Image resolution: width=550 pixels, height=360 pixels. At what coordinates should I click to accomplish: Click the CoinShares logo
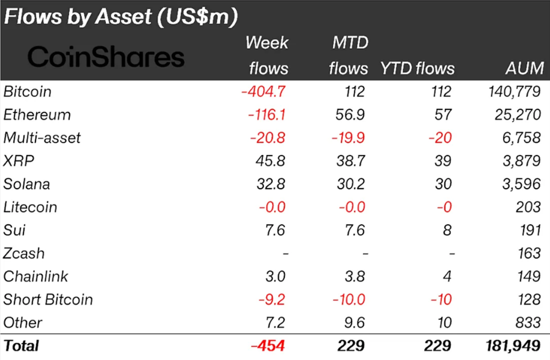pos(106,57)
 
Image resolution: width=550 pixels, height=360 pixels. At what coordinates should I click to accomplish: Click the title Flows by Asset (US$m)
pos(119,16)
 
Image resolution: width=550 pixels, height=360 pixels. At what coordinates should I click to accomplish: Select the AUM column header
pos(525,68)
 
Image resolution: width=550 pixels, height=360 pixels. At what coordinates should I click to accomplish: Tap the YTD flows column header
pos(417,68)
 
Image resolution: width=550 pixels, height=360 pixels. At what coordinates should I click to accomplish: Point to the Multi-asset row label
pos(42,138)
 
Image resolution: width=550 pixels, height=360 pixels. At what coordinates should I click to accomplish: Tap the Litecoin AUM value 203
pos(529,207)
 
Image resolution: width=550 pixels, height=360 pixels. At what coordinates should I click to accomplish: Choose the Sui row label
pos(14,230)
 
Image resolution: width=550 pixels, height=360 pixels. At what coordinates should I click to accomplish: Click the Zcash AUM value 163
pos(529,253)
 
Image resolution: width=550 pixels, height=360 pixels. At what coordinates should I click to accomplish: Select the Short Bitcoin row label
pos(48,300)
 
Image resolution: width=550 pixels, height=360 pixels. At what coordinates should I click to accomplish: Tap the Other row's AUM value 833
pos(529,323)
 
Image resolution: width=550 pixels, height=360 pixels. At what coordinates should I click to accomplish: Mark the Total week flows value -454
pos(269,345)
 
